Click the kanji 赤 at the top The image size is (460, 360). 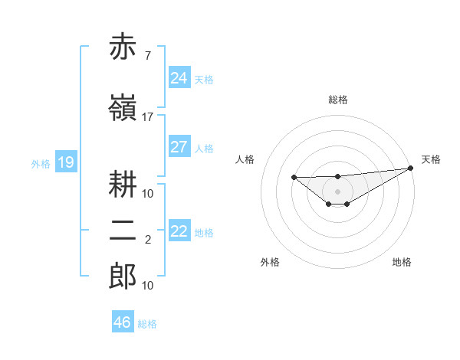123,47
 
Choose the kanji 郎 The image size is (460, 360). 123,276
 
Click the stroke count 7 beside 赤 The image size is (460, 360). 147,56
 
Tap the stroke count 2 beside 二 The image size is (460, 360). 147,241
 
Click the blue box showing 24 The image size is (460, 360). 179,78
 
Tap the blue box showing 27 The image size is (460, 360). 179,147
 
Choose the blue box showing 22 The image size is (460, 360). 179,231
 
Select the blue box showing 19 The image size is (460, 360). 65,162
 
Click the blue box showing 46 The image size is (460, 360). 123,322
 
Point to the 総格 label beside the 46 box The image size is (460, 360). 147,324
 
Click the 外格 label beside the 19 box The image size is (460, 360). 41,163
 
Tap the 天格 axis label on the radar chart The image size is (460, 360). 431,159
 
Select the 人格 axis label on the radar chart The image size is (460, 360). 245,159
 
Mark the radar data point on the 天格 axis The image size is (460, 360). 411,169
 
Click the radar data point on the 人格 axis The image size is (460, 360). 294,178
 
